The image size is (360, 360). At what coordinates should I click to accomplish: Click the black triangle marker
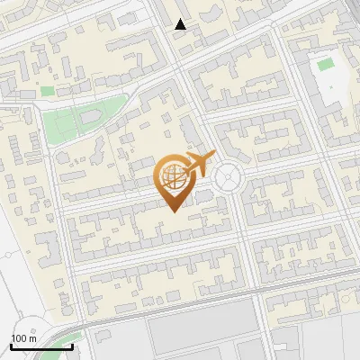tap(181, 25)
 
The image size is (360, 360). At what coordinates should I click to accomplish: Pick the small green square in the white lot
tap(324, 65)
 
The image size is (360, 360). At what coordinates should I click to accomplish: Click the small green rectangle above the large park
tap(48, 91)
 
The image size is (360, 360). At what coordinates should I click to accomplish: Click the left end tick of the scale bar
tap(12, 346)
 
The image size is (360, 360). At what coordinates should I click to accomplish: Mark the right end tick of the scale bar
tap(70, 346)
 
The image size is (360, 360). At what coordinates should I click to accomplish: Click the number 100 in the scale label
tap(18, 338)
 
